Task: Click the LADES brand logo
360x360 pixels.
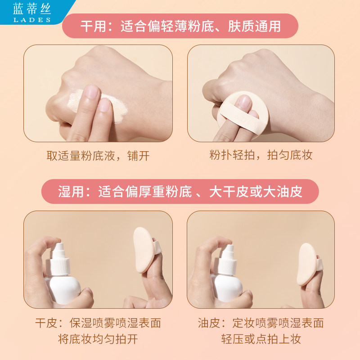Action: click(x=31, y=12)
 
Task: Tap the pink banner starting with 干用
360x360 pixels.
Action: click(x=180, y=26)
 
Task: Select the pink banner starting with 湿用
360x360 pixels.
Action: click(x=180, y=192)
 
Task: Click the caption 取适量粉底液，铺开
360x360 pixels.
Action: click(x=98, y=156)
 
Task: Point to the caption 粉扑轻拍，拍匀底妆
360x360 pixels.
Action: click(x=261, y=156)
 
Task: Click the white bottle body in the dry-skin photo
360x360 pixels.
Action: click(x=63, y=288)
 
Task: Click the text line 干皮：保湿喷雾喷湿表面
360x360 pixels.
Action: click(x=98, y=323)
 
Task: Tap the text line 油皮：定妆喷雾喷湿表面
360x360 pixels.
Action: click(x=261, y=323)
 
